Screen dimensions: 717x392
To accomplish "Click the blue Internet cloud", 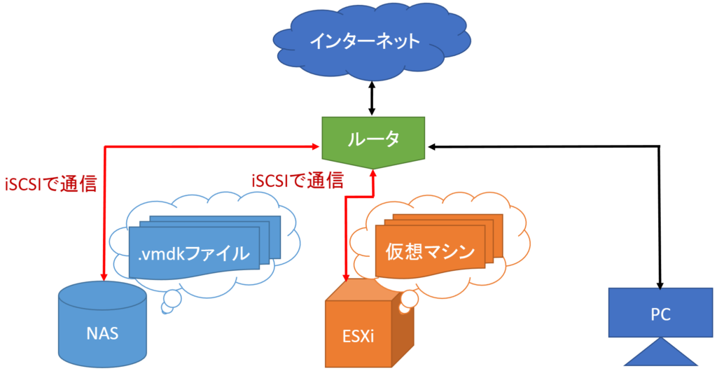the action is (x=371, y=41).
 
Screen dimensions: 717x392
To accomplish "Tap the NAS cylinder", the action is (x=102, y=324).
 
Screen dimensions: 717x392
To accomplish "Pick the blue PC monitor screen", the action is (x=660, y=312).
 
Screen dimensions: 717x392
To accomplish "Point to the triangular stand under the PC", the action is (x=661, y=353).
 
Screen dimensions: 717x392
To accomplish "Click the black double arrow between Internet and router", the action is (x=372, y=98).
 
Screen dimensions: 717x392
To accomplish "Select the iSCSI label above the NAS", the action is (x=50, y=184).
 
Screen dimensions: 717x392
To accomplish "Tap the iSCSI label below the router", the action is (x=298, y=181).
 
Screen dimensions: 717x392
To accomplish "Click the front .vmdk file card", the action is (x=195, y=252).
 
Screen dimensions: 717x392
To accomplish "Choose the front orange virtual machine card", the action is (x=431, y=251).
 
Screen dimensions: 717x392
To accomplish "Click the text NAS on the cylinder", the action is (x=102, y=333).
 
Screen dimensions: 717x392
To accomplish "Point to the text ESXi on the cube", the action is (x=358, y=336).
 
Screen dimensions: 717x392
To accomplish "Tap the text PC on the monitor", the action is (x=660, y=314).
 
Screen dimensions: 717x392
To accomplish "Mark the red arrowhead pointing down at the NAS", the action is (x=104, y=277).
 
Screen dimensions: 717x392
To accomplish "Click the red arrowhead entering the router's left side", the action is (x=316, y=147).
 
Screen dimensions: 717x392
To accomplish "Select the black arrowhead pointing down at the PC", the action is (x=660, y=285).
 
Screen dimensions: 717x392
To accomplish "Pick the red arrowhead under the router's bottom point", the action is (x=373, y=174).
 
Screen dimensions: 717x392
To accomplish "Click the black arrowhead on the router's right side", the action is (x=431, y=147).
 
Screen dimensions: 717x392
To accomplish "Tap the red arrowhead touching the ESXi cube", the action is (x=346, y=277).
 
